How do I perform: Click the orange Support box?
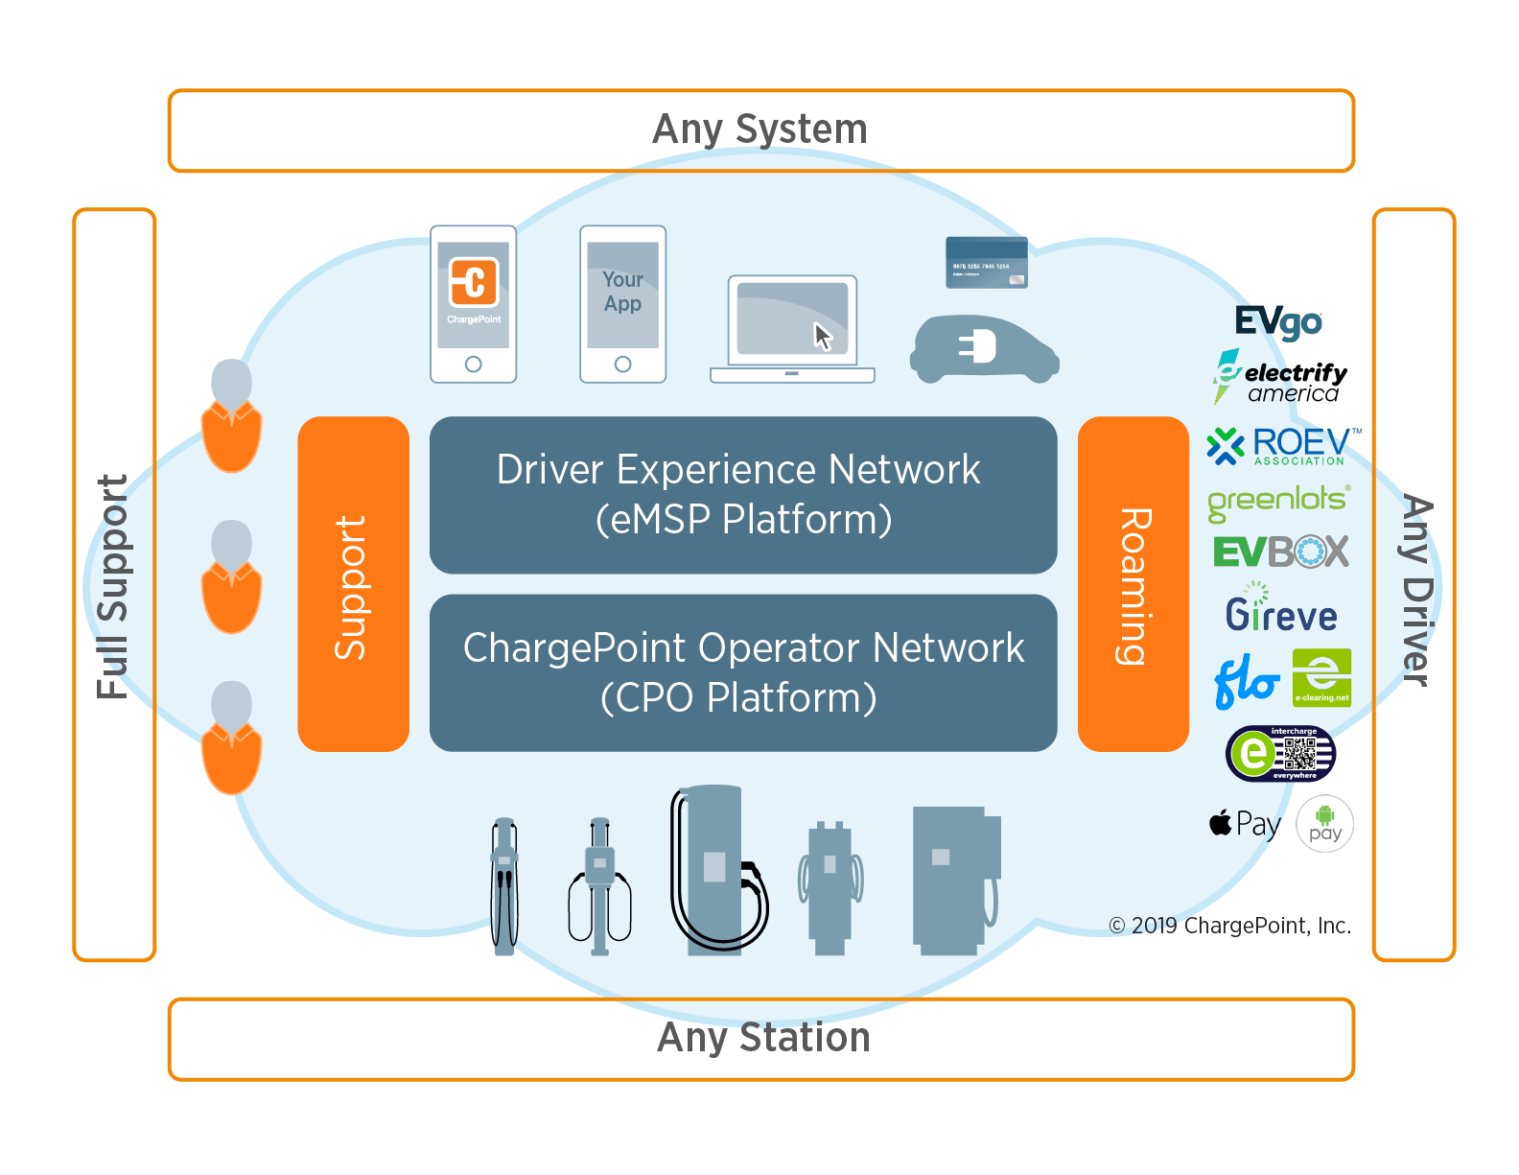pyautogui.click(x=353, y=583)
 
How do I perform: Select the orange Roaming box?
pyautogui.click(x=1133, y=583)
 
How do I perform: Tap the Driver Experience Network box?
pyautogui.click(x=742, y=494)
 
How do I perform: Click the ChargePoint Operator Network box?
pyautogui.click(x=742, y=672)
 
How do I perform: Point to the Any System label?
pyautogui.click(x=759, y=130)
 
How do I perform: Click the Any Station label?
pyautogui.click(x=762, y=1039)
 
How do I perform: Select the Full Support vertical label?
pyautogui.click(x=113, y=585)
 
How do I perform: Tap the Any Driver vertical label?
pyautogui.click(x=1415, y=589)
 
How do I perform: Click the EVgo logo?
pyautogui.click(x=1277, y=322)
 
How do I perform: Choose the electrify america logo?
pyautogui.click(x=1281, y=377)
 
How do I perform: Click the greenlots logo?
pyautogui.click(x=1277, y=501)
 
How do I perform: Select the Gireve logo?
pyautogui.click(x=1280, y=612)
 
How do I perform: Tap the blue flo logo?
pyautogui.click(x=1246, y=682)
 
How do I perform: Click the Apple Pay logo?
pyautogui.click(x=1245, y=824)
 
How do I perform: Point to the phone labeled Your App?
pyautogui.click(x=622, y=304)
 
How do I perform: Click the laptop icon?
pyautogui.click(x=792, y=329)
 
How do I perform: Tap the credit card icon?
pyautogui.click(x=986, y=262)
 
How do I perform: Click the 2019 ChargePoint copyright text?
pyautogui.click(x=1229, y=926)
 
